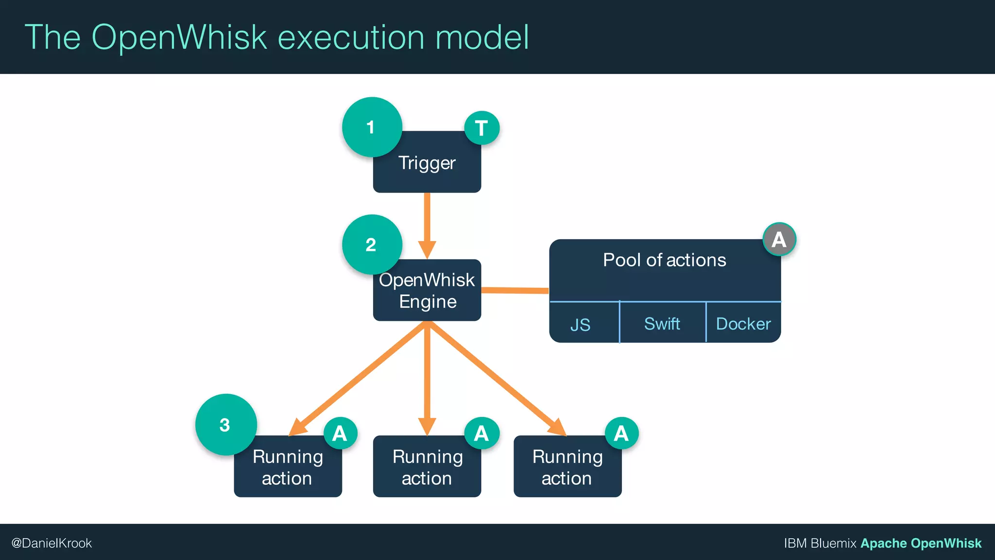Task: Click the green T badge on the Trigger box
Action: point(481,128)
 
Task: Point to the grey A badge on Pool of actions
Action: point(779,239)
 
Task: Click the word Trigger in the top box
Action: point(427,163)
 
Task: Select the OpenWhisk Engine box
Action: point(427,291)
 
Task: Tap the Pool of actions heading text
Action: point(664,260)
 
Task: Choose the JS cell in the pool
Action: point(581,324)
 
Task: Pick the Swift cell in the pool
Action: point(662,324)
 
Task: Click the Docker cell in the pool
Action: point(743,324)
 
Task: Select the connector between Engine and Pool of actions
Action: point(515,291)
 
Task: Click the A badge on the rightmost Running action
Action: point(621,433)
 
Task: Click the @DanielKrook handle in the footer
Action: point(51,543)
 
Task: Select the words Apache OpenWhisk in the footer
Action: point(921,543)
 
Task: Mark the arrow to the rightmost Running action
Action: point(496,377)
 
